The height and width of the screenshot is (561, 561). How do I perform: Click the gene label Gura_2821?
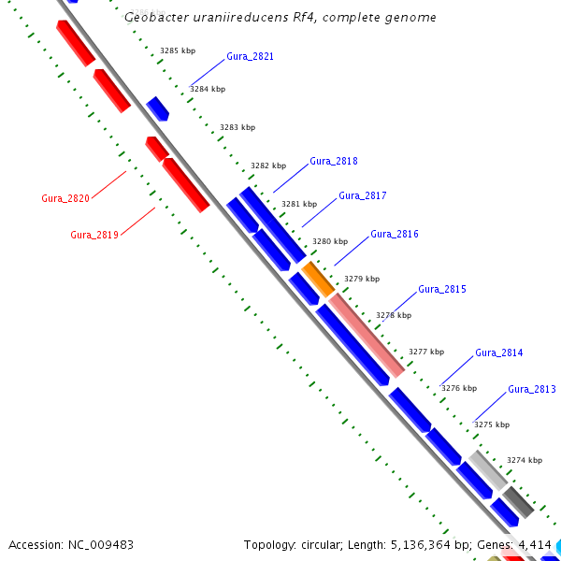tap(250, 57)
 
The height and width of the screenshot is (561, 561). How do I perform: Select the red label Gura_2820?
tap(65, 198)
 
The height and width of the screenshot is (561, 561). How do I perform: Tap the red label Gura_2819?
tap(94, 235)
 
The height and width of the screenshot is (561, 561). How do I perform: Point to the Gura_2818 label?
tap(333, 161)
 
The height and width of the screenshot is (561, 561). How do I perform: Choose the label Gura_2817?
tap(362, 195)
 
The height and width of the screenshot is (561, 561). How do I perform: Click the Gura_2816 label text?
tap(395, 234)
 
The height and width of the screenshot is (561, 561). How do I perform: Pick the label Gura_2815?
tap(441, 289)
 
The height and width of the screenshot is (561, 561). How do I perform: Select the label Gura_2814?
tap(499, 352)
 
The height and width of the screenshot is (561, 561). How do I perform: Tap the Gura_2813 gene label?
tap(532, 389)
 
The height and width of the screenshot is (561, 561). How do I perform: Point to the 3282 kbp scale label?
tap(268, 165)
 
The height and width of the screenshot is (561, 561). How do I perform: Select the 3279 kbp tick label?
tap(362, 279)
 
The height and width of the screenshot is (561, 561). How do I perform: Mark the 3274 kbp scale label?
tap(525, 460)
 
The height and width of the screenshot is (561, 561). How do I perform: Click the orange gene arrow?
tap(318, 279)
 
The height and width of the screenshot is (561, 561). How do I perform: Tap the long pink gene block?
tap(367, 334)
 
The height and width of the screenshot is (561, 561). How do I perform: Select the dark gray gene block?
tap(518, 502)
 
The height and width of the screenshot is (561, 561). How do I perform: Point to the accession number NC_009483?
tap(101, 544)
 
